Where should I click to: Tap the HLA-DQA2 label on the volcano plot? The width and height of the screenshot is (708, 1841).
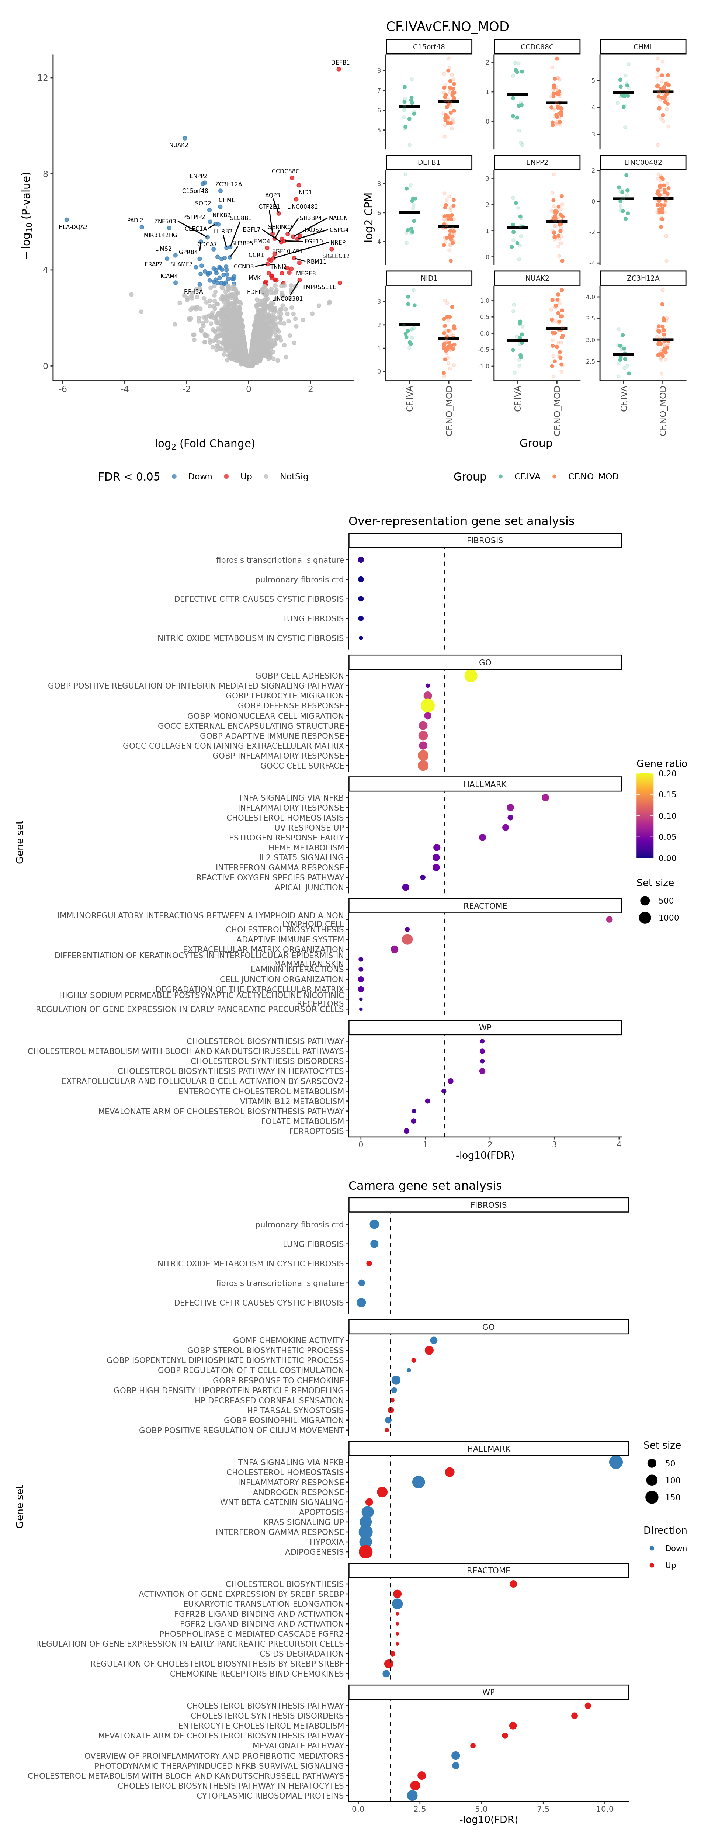[x=73, y=227]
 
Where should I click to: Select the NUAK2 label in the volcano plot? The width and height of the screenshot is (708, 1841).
[x=178, y=145]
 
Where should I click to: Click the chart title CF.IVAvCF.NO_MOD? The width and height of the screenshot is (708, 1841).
[x=447, y=27]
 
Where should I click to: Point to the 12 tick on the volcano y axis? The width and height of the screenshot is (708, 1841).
[x=43, y=78]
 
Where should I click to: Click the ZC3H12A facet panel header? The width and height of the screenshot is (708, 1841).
[x=643, y=278]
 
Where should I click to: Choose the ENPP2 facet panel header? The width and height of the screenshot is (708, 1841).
[x=537, y=162]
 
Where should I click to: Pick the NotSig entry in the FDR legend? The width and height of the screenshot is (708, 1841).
[x=294, y=477]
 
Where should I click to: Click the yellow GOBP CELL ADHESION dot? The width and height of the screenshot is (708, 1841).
[x=470, y=675]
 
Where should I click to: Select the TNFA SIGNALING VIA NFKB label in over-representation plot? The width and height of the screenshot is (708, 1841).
[x=291, y=798]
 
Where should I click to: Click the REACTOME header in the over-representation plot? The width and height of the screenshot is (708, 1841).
[x=485, y=905]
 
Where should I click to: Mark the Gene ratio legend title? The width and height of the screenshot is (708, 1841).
[x=662, y=763]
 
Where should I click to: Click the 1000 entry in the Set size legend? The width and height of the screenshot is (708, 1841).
[x=668, y=918]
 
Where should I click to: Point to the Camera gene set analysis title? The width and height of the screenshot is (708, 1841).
[x=425, y=1186]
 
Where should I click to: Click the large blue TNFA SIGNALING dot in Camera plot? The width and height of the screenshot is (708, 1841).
[x=615, y=1462]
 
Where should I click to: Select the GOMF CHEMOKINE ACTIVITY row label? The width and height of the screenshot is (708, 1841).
[x=289, y=1340]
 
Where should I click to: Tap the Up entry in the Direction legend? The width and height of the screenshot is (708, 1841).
[x=670, y=1565]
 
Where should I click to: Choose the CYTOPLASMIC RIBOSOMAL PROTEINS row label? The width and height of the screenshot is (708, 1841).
[x=270, y=1795]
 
